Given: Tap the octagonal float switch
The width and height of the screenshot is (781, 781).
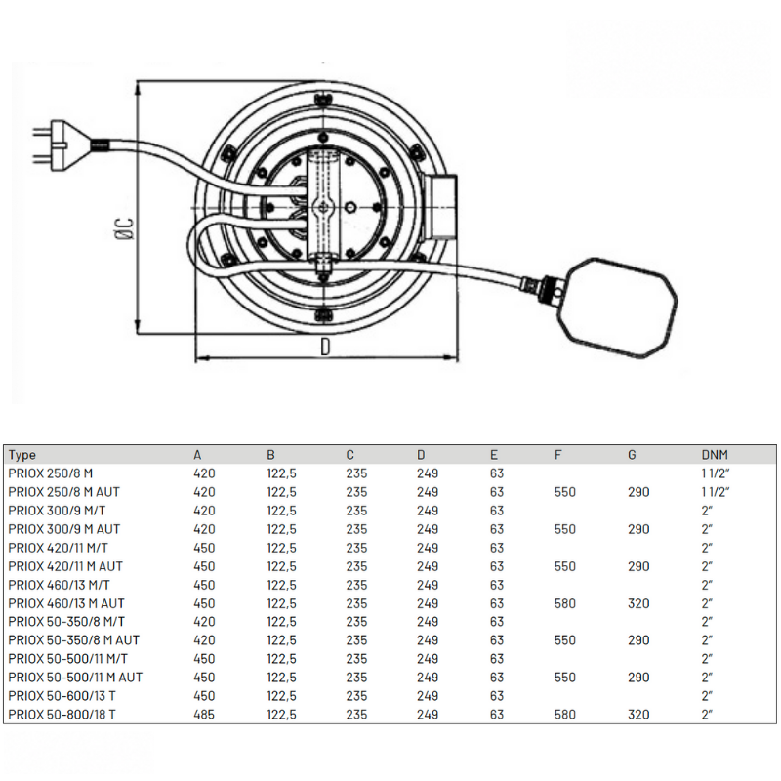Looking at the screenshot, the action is coord(620,308).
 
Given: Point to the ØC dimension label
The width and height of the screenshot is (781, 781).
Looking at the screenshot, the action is coord(125,228).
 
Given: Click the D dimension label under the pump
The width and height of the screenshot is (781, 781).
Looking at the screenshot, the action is coord(325,347).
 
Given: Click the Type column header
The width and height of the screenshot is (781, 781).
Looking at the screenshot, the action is coord(21,455).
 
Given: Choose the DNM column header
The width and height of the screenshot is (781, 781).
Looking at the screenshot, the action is coord(715,455).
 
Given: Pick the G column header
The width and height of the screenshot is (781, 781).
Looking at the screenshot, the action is coord(632,455).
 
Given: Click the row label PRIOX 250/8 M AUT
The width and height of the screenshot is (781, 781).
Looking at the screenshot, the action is coord(63,492).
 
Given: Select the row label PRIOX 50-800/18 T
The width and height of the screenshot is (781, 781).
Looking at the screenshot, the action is coord(62,715).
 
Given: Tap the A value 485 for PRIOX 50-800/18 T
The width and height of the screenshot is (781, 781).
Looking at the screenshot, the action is coord(204,715).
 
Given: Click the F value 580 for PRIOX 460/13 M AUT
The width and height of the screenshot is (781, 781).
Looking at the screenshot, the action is coord(565,603).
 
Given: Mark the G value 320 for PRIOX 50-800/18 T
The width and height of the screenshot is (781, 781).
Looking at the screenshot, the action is coord(638,715).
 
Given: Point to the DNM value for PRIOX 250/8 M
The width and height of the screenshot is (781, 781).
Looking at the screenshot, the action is coord(716,473).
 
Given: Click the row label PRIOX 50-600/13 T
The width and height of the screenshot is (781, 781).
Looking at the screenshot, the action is coord(62,696).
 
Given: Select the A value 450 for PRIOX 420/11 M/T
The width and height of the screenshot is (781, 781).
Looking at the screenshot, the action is coord(204,548).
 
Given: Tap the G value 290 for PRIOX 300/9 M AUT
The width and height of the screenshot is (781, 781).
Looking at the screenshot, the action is coord(638,529).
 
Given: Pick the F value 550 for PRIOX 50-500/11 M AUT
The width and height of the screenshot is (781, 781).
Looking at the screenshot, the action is coord(565,678).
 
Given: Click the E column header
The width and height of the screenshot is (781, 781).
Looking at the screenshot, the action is coord(494,455).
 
